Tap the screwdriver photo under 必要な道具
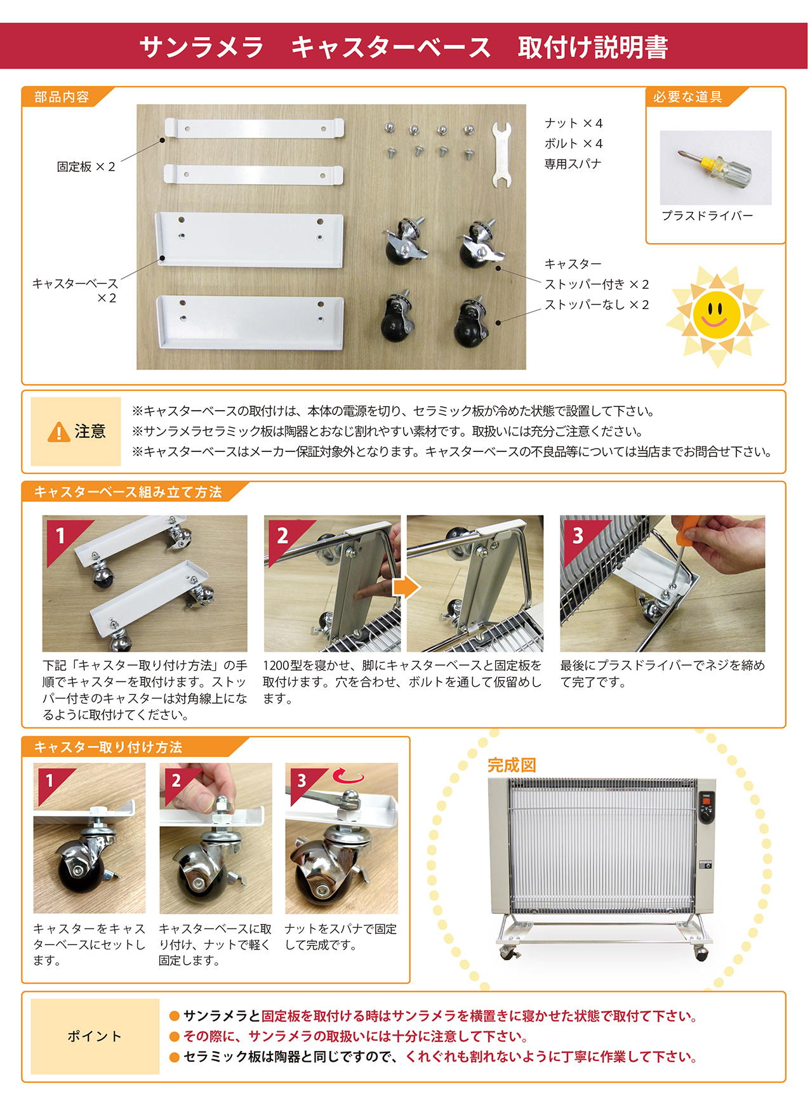(x=715, y=167)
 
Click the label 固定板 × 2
(x=86, y=167)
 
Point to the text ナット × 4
(x=573, y=123)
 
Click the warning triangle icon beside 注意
(x=58, y=432)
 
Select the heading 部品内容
(x=62, y=97)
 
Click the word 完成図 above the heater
(x=512, y=765)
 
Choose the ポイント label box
(x=95, y=1036)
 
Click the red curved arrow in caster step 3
(x=349, y=776)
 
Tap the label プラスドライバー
(x=707, y=216)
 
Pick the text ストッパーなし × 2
(x=597, y=305)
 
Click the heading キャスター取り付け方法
(x=108, y=748)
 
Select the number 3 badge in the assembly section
(x=578, y=536)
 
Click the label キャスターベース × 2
(x=75, y=290)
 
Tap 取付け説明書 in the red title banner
(x=592, y=48)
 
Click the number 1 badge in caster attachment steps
(x=50, y=780)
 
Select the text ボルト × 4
(x=573, y=143)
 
